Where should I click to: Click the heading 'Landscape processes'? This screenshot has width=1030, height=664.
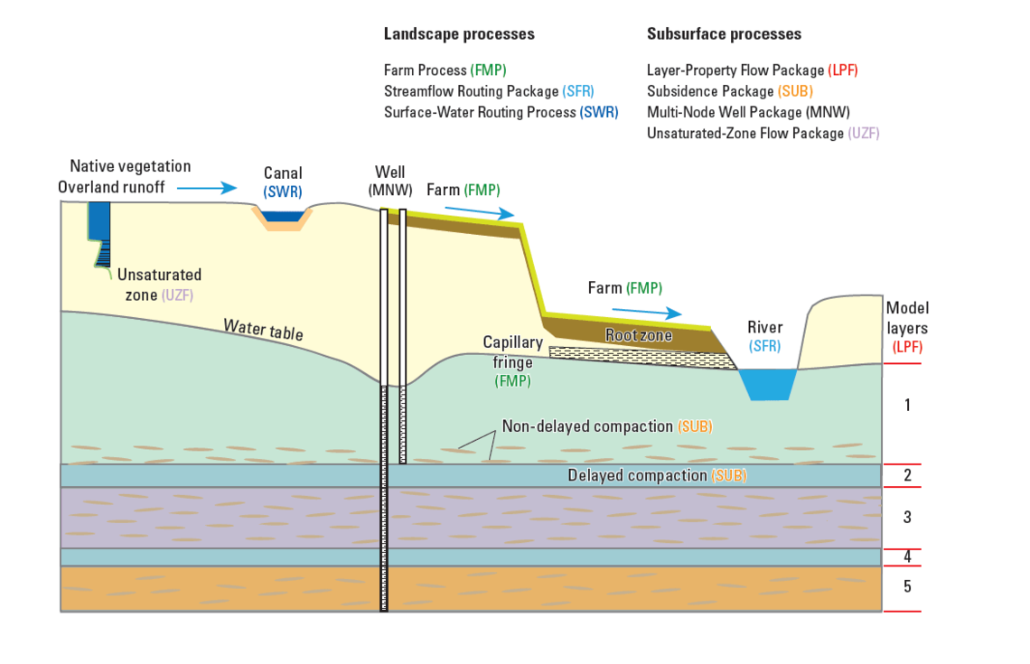click(x=459, y=34)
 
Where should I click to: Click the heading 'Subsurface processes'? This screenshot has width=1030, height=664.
click(x=724, y=34)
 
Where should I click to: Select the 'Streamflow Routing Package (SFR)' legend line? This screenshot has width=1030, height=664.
click(x=489, y=91)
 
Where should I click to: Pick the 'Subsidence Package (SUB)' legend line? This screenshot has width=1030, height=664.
click(x=729, y=91)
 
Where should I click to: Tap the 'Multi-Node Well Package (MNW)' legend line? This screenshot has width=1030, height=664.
click(x=748, y=113)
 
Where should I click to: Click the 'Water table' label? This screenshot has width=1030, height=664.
click(x=263, y=329)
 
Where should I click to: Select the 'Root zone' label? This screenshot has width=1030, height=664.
click(x=638, y=335)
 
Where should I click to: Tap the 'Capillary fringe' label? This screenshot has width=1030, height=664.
click(x=512, y=352)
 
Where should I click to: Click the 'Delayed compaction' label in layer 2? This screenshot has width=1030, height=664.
click(x=657, y=475)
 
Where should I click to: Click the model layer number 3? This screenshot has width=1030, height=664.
click(x=907, y=518)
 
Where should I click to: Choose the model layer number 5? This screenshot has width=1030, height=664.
click(x=907, y=587)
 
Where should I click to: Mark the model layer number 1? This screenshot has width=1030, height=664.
click(x=907, y=405)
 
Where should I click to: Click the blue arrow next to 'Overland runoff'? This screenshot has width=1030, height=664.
click(x=207, y=188)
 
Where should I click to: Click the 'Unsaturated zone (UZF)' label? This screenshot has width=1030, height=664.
click(x=158, y=285)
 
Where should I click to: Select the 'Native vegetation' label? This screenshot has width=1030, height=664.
click(x=130, y=166)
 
